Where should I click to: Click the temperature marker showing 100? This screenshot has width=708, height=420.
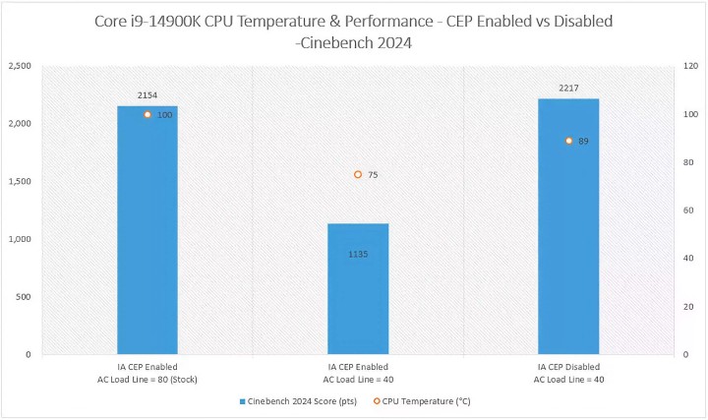147,115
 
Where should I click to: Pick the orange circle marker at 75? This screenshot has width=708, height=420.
358,174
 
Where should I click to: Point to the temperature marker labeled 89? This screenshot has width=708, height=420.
568,141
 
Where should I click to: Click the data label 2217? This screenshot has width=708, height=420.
568,89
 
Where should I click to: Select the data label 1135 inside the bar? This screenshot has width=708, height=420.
358,254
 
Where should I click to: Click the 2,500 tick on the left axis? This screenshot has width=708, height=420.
19,66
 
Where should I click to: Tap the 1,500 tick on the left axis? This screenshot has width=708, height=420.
19,181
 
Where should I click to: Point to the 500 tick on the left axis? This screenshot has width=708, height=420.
23,296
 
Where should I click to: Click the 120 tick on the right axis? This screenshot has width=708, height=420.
692,66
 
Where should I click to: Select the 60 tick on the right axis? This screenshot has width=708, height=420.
690,210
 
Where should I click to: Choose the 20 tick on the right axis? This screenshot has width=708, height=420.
690,306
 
